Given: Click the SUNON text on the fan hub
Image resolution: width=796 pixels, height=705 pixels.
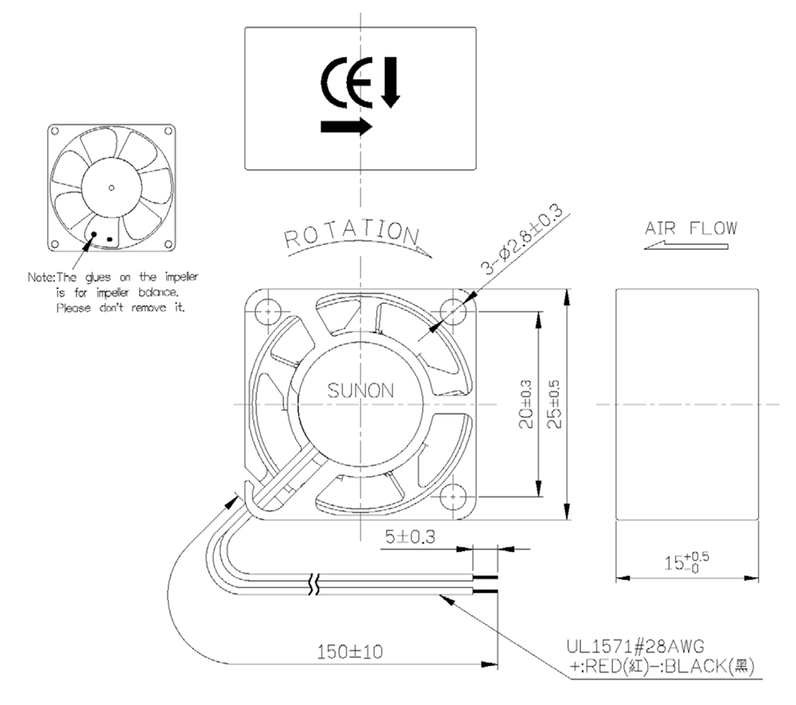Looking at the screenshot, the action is (x=361, y=391).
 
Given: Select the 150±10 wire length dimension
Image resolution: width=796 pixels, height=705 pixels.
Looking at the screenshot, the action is (x=349, y=651).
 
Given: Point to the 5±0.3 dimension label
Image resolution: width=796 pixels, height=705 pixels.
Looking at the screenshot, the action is (x=410, y=536).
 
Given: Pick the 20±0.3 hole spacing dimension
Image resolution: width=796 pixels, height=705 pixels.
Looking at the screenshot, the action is (x=526, y=404).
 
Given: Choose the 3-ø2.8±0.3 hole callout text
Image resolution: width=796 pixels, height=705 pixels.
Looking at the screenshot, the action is (x=522, y=239).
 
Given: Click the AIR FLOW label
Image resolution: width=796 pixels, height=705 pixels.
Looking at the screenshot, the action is (x=691, y=228).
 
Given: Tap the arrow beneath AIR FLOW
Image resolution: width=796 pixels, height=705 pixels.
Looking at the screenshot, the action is (x=686, y=246).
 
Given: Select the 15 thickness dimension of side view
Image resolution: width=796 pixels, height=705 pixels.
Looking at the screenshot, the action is (x=687, y=562).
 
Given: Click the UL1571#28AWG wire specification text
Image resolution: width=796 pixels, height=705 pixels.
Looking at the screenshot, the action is (x=635, y=646).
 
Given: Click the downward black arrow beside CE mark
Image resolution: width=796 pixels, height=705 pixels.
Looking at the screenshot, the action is (x=390, y=82).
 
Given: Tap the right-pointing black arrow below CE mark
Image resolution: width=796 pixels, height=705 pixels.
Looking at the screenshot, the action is (x=347, y=126).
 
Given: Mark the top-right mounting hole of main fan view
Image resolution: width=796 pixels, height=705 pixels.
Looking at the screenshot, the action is (x=452, y=311).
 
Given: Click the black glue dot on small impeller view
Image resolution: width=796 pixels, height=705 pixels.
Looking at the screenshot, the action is (x=94, y=234).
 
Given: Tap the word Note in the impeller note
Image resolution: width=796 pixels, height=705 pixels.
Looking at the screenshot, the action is (x=40, y=277).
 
